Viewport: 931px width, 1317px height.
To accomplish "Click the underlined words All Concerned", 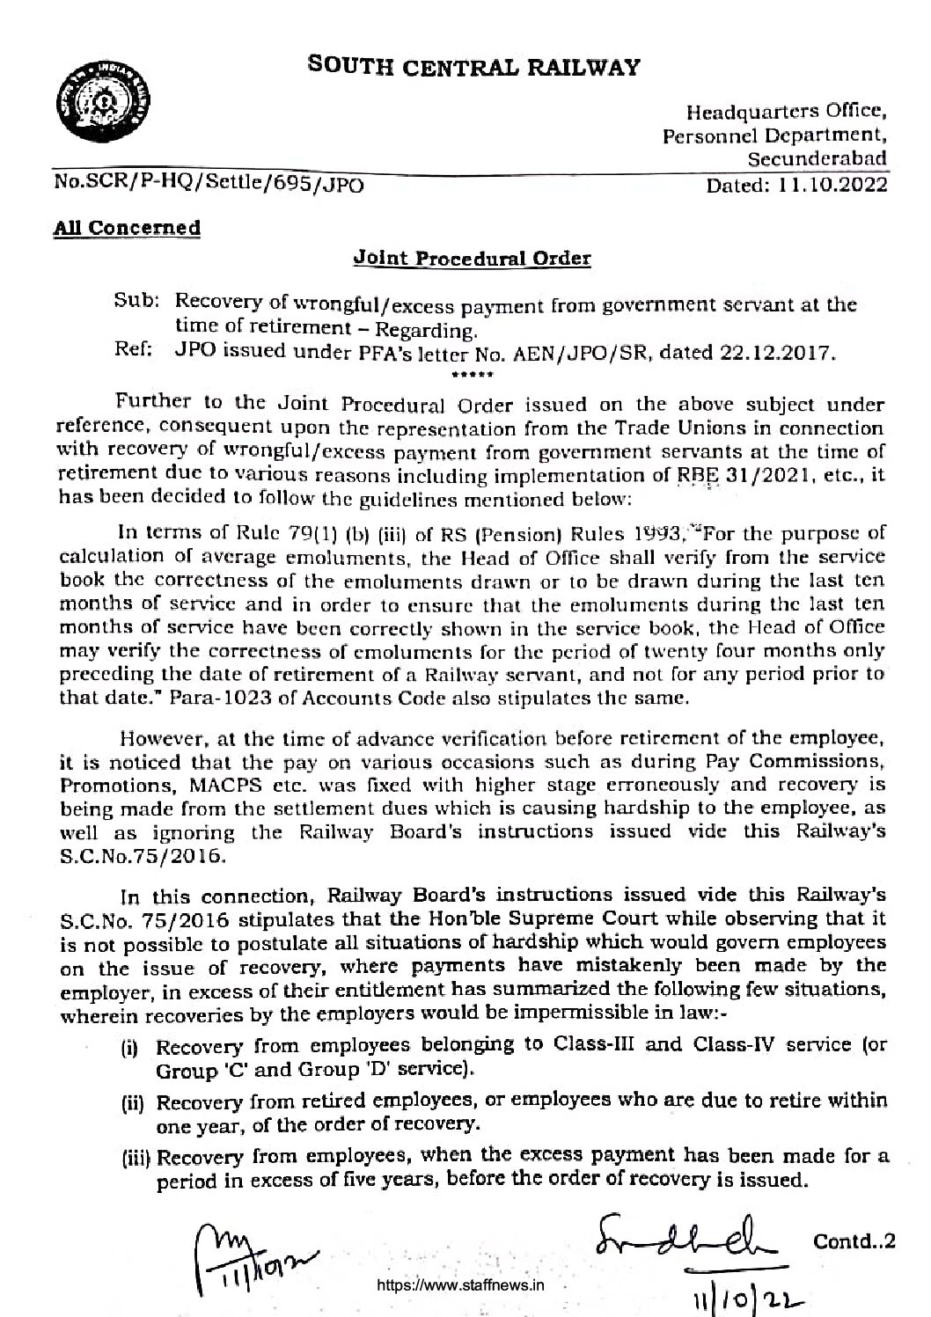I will (127, 228).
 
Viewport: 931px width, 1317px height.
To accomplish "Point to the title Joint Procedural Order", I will (471, 259).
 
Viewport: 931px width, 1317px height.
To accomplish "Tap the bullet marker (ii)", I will (135, 1101).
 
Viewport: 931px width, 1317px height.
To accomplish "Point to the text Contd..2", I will (854, 1241).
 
